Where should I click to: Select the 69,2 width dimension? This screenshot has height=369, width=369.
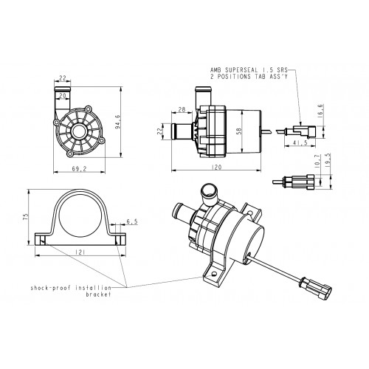[x=79, y=169]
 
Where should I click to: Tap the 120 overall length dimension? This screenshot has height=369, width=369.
[x=216, y=168]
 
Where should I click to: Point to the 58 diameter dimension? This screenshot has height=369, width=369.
[x=238, y=131]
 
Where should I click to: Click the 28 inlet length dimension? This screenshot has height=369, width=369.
[x=182, y=109]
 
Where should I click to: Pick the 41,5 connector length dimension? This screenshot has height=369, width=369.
[x=300, y=142]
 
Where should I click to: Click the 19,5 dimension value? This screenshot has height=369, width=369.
[x=328, y=161]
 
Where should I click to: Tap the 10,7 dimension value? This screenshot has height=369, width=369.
[x=317, y=162]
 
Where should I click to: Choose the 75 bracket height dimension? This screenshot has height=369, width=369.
[x=27, y=216]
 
